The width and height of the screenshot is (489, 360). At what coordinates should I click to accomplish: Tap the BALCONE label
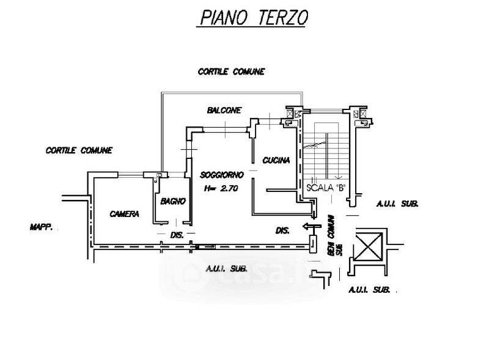224,110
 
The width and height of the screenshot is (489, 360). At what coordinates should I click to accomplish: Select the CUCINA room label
276,160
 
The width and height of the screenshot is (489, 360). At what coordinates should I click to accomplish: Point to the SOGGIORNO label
221,175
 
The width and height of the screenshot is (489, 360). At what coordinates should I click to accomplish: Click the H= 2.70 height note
221,188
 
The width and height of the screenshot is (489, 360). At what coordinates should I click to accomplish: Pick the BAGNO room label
173,201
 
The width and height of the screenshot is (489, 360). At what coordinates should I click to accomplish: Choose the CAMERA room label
124,214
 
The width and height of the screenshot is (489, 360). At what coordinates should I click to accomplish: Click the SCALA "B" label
326,188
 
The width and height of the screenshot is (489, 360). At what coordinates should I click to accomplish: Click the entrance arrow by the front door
312,227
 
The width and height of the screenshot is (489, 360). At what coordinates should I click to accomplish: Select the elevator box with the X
369,246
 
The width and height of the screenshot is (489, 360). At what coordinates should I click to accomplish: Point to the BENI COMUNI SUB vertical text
335,235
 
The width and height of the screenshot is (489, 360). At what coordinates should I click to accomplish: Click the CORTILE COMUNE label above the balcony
231,72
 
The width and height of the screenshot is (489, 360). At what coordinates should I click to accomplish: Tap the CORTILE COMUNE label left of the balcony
79,150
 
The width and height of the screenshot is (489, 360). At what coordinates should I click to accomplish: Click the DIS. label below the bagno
177,235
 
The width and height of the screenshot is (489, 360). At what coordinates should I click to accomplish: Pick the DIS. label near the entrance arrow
282,230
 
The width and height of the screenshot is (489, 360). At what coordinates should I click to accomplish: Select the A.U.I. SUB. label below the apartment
227,268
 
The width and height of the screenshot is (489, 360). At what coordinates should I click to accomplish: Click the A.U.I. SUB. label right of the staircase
397,204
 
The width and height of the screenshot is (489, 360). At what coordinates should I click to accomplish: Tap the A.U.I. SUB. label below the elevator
369,290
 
